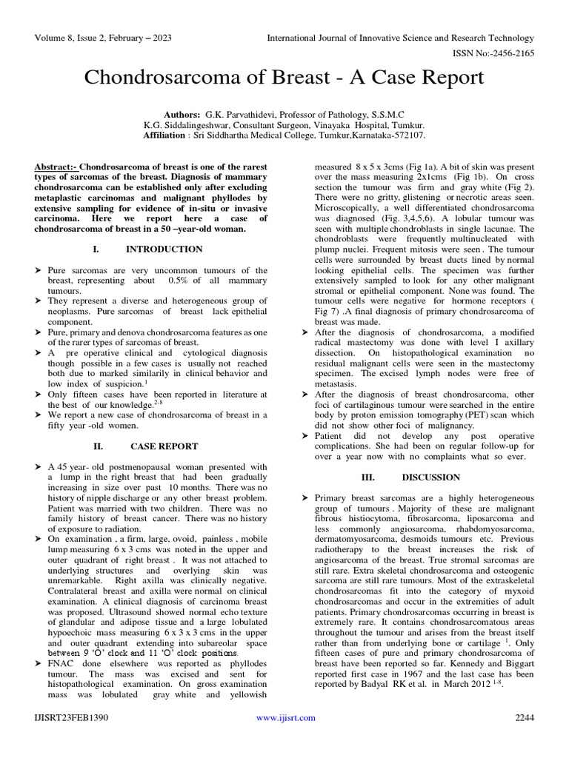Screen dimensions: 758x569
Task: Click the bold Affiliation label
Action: coord(165,136)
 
